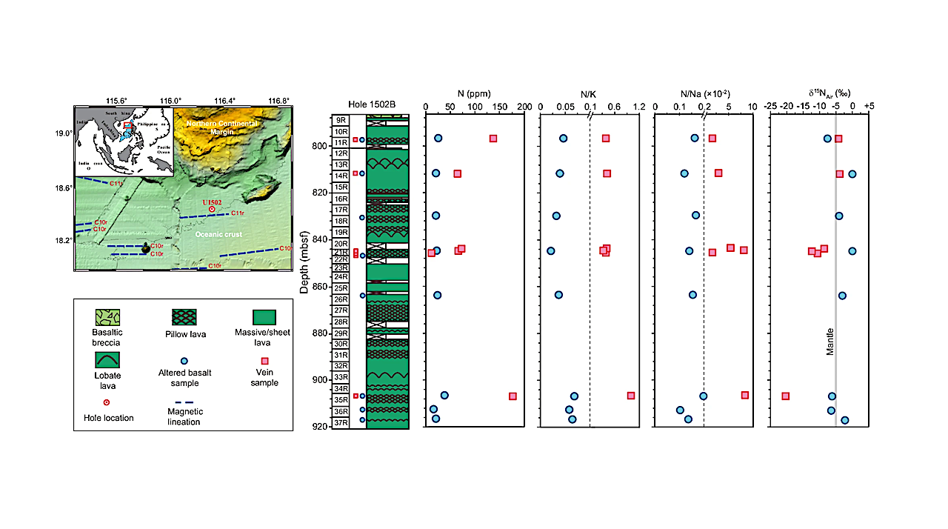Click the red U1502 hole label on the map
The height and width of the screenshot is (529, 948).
(x=211, y=202)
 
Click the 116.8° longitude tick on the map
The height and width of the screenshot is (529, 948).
(x=278, y=102)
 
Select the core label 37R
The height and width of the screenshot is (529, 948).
(x=340, y=422)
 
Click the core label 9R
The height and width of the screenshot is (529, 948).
(x=340, y=120)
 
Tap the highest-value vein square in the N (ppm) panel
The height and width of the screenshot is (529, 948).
(x=513, y=396)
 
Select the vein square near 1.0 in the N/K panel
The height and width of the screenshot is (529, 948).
(x=631, y=396)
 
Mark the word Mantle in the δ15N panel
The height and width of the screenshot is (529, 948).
(x=830, y=342)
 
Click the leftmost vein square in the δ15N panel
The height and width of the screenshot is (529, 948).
(x=786, y=396)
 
